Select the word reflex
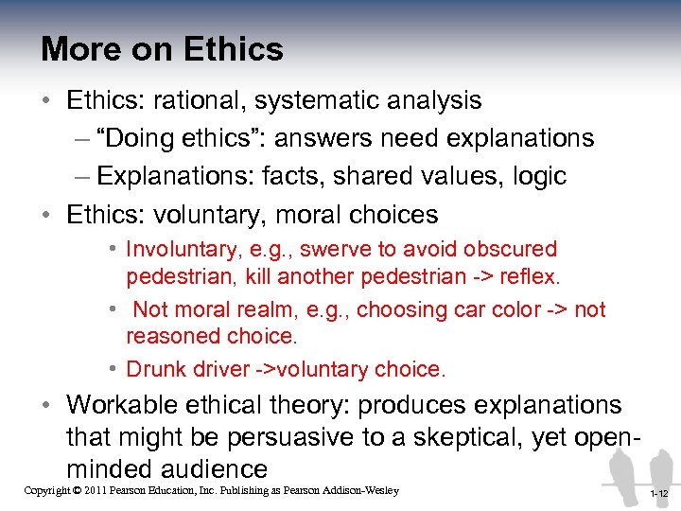[531, 278]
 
